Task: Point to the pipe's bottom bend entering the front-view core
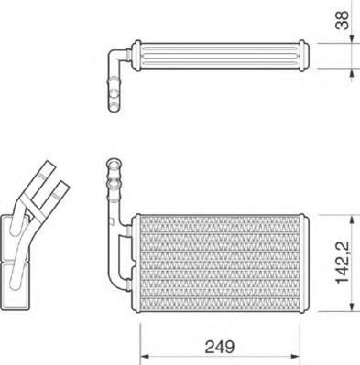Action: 114,279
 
